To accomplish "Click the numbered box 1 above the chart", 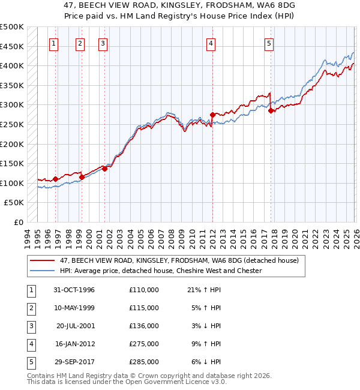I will click(54, 43).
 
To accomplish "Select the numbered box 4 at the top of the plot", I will click(211, 43).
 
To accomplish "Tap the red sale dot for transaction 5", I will click(271, 110).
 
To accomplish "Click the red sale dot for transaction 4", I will click(212, 115).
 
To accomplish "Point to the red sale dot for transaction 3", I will click(104, 169).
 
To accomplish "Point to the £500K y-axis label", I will click(12, 27).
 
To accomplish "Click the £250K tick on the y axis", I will click(12, 125).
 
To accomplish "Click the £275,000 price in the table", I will click(143, 344).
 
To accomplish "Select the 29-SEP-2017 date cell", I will click(73, 362).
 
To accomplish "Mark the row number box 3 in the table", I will click(31, 326).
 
